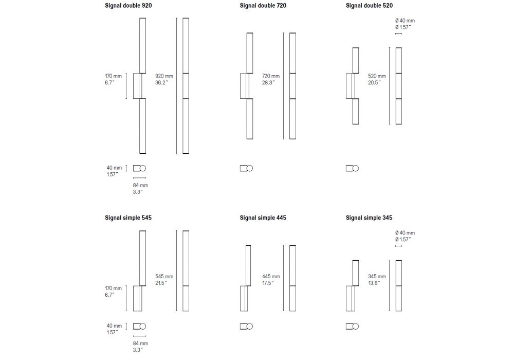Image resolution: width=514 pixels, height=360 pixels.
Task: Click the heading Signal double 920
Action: pyautogui.click(x=128, y=6)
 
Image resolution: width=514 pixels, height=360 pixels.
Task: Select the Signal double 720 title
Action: pyautogui.click(x=263, y=6)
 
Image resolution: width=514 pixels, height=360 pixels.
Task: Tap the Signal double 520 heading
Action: pyautogui.click(x=369, y=6)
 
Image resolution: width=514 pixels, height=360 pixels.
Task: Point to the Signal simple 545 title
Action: pyautogui.click(x=128, y=218)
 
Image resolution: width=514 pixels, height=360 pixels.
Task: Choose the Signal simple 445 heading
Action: pyautogui.click(x=263, y=218)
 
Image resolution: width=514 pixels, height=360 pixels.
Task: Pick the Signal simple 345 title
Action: pyautogui.click(x=369, y=218)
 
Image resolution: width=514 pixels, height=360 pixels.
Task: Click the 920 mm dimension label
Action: pyautogui.click(x=164, y=76)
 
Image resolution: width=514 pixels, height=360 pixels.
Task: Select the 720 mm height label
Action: pyautogui.click(x=271, y=76)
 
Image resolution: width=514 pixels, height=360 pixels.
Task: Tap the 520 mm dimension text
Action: pyautogui.click(x=377, y=76)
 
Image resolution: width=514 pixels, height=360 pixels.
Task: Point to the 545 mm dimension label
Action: pyautogui.click(x=164, y=276)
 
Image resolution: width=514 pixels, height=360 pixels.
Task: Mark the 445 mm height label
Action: pyautogui.click(x=271, y=276)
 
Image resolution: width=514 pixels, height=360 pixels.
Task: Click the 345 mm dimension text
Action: pyautogui.click(x=377, y=276)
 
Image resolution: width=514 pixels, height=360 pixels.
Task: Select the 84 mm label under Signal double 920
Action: pyautogui.click(x=140, y=185)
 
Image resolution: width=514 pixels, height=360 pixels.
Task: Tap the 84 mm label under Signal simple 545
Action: pyautogui.click(x=140, y=343)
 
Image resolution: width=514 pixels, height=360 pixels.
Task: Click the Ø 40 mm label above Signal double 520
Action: pyautogui.click(x=405, y=21)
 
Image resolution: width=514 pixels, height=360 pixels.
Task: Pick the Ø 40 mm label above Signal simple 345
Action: pyautogui.click(x=405, y=233)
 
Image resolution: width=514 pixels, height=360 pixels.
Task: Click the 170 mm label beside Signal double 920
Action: pyautogui.click(x=114, y=76)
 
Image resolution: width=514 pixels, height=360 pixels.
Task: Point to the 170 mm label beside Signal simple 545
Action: pyautogui.click(x=114, y=288)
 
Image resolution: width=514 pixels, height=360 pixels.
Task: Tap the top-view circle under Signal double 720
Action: pyautogui.click(x=250, y=168)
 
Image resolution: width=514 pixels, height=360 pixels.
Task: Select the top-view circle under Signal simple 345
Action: pyautogui.click(x=356, y=326)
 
